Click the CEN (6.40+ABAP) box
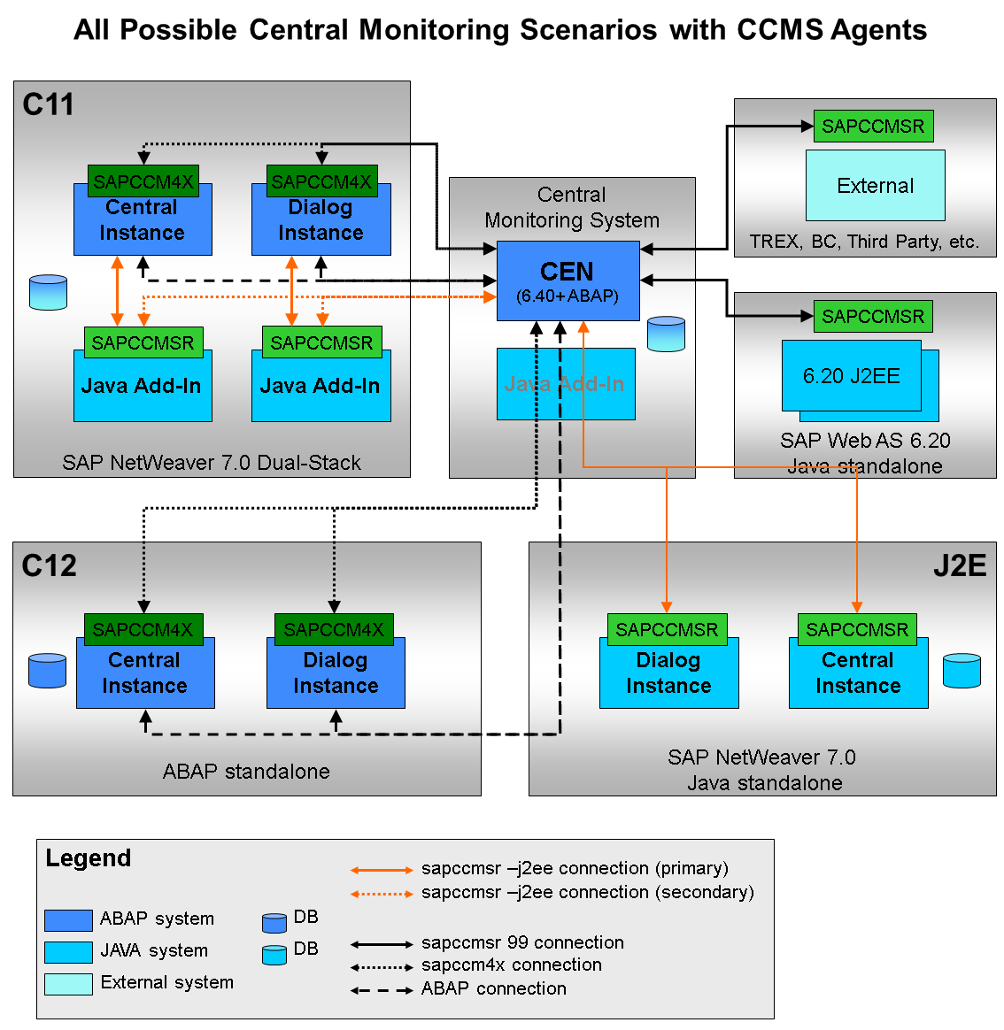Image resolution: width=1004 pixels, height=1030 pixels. tap(568, 281)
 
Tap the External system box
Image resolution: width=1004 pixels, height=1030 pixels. tap(875, 185)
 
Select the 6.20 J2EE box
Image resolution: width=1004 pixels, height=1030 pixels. tap(851, 376)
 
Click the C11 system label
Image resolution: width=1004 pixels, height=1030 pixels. tap(49, 104)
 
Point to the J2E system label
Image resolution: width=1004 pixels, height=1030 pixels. tap(960, 565)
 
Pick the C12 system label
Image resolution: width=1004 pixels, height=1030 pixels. tap(50, 565)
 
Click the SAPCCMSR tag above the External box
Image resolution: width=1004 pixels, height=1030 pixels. tap(873, 127)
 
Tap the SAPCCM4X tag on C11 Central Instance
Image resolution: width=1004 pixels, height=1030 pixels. tap(143, 181)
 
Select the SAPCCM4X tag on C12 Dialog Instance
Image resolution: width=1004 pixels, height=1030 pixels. tap(334, 629)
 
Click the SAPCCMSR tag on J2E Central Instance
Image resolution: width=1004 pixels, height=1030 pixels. tap(857, 629)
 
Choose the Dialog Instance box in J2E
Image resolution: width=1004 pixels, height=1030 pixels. tap(668, 673)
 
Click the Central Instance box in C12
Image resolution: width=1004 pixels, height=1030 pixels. tap(145, 673)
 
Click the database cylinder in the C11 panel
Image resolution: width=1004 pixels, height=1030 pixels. tap(48, 292)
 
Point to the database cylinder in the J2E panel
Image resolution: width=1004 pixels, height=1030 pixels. tap(962, 671)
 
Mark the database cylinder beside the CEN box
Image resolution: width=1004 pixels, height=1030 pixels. tap(666, 334)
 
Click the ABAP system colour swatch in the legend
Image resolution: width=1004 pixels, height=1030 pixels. tap(68, 920)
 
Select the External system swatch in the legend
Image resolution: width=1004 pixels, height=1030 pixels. tap(68, 984)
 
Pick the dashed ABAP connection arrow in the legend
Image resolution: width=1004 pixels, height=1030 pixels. tap(382, 990)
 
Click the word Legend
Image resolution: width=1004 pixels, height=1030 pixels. tap(89, 858)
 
